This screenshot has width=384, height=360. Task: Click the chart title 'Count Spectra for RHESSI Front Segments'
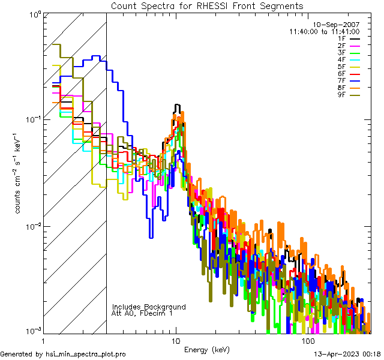pyautogui.click(x=206, y=5)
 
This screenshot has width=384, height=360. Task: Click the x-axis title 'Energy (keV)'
pyautogui.click(x=206, y=349)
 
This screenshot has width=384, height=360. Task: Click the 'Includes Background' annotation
pyautogui.click(x=149, y=307)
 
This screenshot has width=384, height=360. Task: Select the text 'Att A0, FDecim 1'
pyautogui.click(x=142, y=313)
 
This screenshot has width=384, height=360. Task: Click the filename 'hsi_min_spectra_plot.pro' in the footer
pyautogui.click(x=86, y=354)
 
